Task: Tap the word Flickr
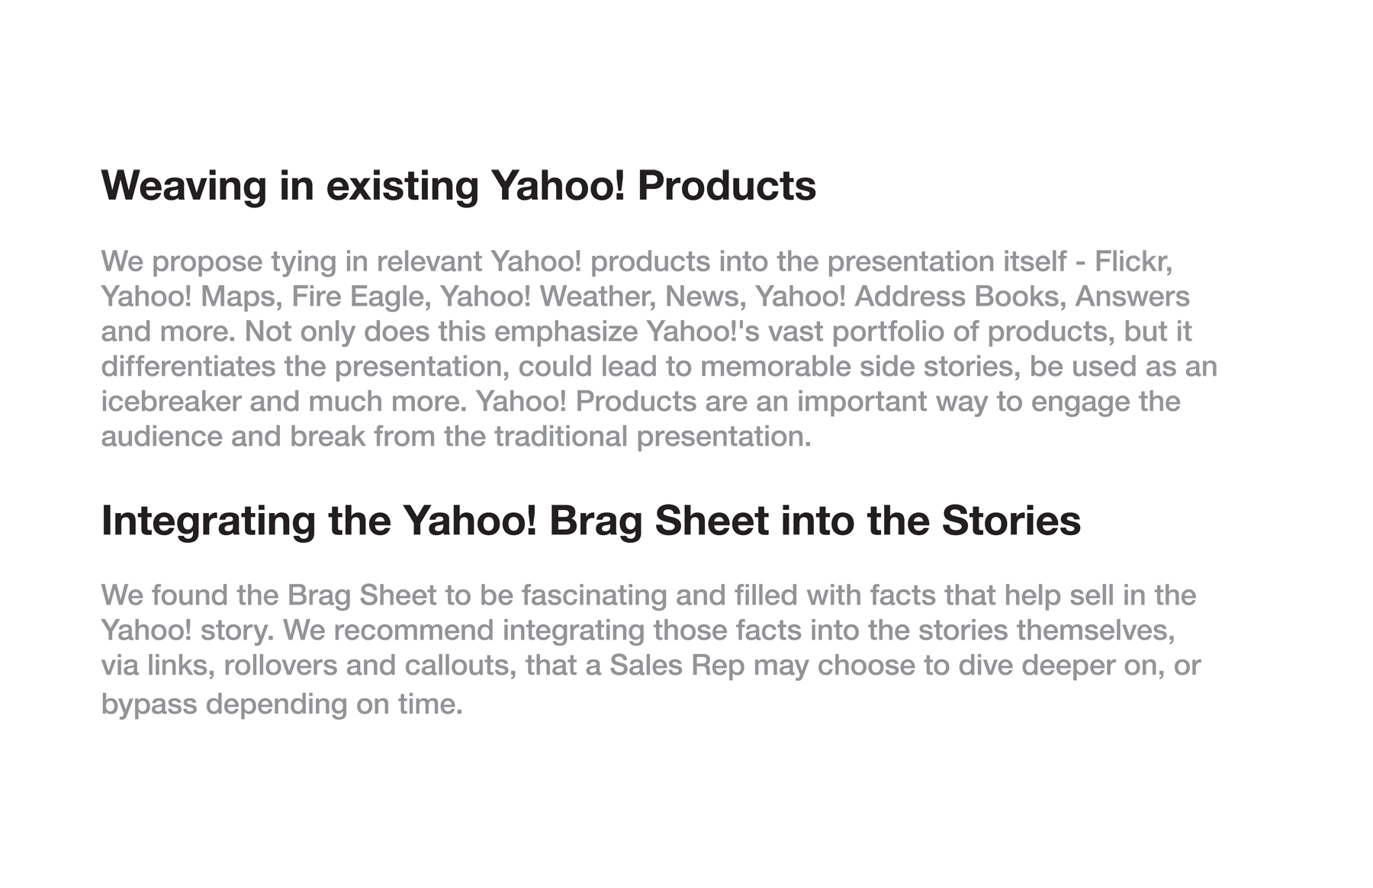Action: (x=1133, y=261)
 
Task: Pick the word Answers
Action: (x=1133, y=297)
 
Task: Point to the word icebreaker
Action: (x=172, y=402)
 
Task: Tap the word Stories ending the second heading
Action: (x=1011, y=521)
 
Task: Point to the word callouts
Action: (x=461, y=666)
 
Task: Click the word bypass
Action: (x=150, y=704)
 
